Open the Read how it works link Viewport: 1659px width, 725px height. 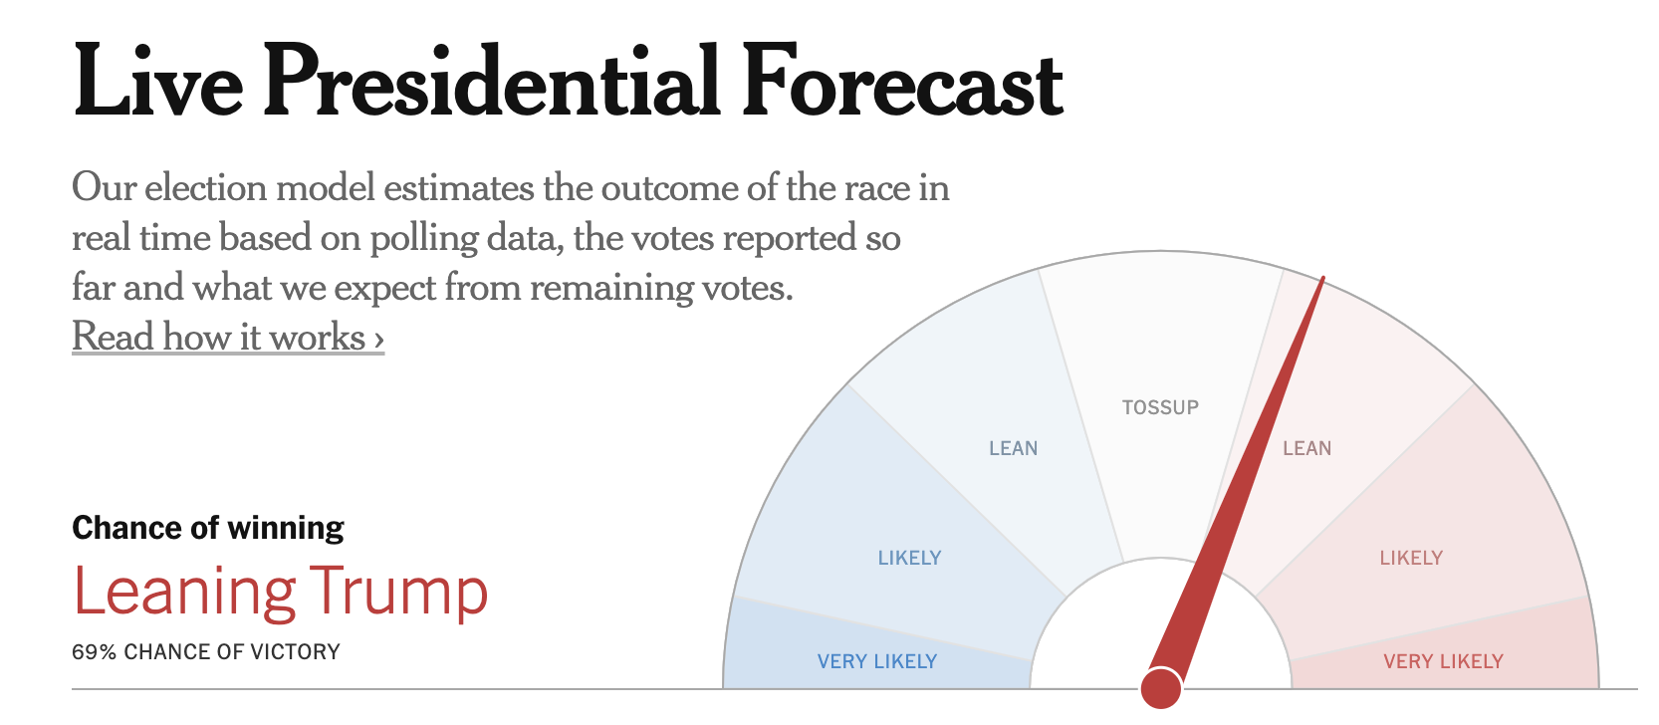pos(228,337)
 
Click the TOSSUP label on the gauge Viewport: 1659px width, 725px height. pos(1160,407)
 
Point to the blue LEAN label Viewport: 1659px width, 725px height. pos(1013,448)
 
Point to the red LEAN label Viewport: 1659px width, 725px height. pos(1306,448)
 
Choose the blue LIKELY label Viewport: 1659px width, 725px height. pos(909,558)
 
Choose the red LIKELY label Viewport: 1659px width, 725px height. pos(1411,558)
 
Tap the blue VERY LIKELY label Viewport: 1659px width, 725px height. pos(876,661)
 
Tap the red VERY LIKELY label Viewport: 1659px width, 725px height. pos(1443,661)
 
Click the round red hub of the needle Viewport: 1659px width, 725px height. pos(1161,688)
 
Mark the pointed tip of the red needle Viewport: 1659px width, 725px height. pos(1322,280)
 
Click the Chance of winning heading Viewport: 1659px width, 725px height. pos(208,528)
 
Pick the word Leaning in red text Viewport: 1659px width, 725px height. pos(184,592)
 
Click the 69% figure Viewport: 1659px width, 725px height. pos(94,652)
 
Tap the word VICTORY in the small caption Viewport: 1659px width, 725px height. pos(295,652)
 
